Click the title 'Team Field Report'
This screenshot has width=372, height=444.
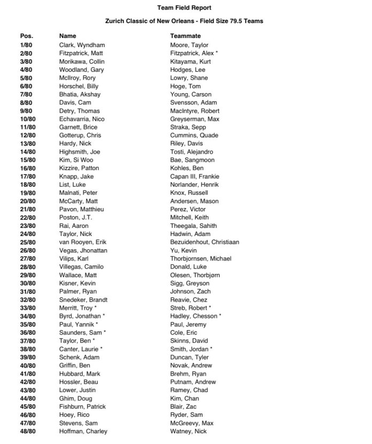click(184, 7)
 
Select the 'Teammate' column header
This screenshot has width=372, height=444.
click(185, 36)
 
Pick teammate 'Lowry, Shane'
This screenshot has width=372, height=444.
click(189, 78)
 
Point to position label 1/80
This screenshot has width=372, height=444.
click(26, 45)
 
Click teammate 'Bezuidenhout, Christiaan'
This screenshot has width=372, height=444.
click(204, 242)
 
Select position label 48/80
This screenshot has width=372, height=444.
click(28, 431)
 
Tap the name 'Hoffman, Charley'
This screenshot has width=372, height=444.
click(83, 431)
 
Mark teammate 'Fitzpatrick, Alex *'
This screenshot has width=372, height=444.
click(194, 53)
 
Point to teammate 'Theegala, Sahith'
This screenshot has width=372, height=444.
click(193, 226)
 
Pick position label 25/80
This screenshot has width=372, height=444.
click(28, 242)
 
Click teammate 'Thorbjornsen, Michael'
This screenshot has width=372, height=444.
click(200, 259)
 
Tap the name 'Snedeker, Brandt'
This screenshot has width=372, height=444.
click(83, 300)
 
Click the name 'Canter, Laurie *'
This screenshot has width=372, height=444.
click(80, 349)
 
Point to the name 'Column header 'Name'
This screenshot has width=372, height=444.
click(67, 36)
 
